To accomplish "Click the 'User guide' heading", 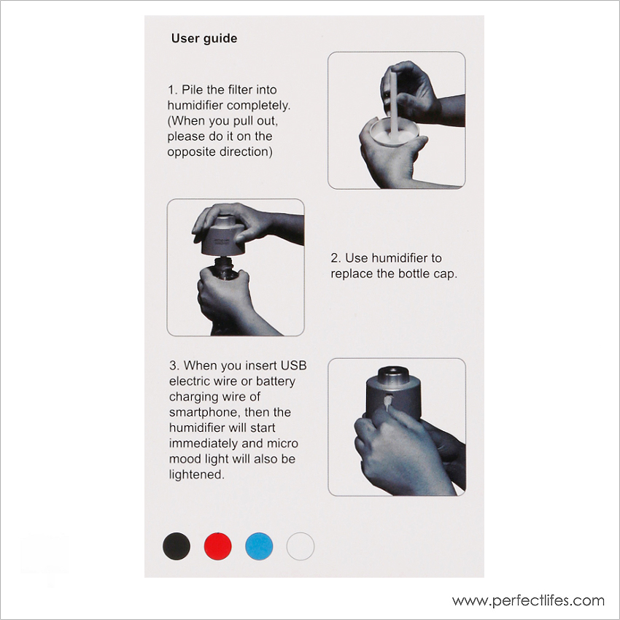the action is pyautogui.click(x=204, y=39).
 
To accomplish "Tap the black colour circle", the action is pyautogui.click(x=177, y=546).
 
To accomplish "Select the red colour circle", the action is pyautogui.click(x=218, y=546).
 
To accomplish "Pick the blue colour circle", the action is pyautogui.click(x=259, y=546).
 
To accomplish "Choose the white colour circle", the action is pyautogui.click(x=301, y=546).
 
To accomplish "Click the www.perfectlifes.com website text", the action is pyautogui.click(x=528, y=600).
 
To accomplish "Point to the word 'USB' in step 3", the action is pyautogui.click(x=293, y=365).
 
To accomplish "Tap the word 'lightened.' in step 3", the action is pyautogui.click(x=197, y=475).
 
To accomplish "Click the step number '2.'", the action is pyautogui.click(x=336, y=258).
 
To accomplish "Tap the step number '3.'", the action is pyautogui.click(x=174, y=365).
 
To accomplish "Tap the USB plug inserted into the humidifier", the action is pyautogui.click(x=388, y=402).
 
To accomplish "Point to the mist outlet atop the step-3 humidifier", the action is pyautogui.click(x=393, y=372).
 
